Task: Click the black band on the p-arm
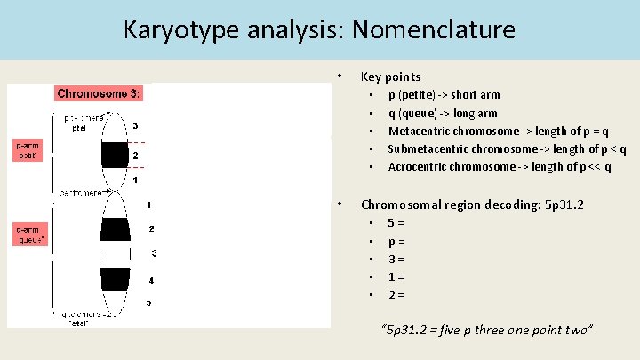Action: pos(115,155)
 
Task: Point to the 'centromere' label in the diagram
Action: pos(84,191)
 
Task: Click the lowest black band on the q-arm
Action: pos(115,278)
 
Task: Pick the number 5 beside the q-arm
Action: pos(149,302)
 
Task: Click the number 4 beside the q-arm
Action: pos(151,280)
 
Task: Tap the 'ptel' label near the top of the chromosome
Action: pos(79,127)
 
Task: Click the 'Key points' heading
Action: pos(390,76)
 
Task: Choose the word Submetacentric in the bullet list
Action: pos(428,148)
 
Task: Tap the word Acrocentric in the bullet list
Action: pos(418,166)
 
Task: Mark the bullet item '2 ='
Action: pos(396,294)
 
